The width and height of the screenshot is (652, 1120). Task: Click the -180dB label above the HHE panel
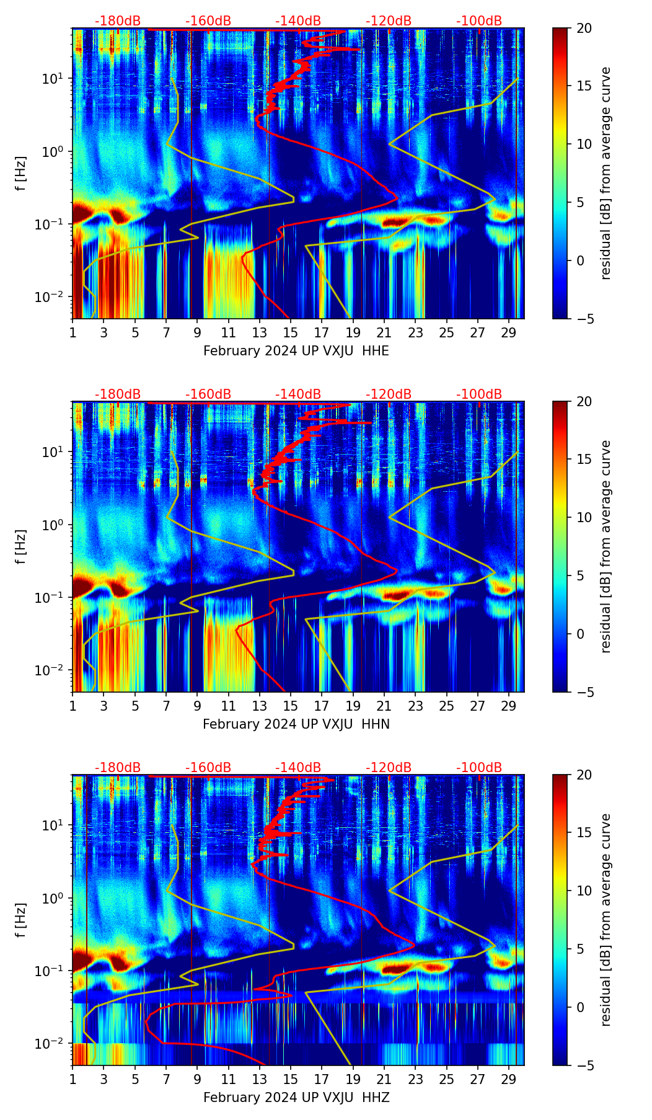point(118,21)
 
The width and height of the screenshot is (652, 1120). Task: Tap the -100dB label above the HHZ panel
point(479,768)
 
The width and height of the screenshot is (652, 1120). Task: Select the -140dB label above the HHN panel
point(298,394)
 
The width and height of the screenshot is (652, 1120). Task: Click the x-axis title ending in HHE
point(296,351)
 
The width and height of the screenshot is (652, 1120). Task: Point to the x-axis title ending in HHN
point(296,724)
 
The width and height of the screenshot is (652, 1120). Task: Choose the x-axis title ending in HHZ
point(296,1098)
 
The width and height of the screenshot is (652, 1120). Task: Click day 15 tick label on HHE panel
point(290,332)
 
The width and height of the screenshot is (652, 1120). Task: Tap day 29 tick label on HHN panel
point(509,706)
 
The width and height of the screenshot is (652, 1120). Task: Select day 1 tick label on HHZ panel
point(73,1079)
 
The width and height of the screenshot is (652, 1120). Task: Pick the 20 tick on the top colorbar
point(584,29)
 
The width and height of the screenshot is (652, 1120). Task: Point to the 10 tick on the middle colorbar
point(584,517)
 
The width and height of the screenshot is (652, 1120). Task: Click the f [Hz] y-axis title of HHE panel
point(21,174)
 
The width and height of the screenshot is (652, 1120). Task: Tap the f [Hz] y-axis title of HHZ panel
point(21,920)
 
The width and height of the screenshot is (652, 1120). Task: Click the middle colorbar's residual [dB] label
point(606,547)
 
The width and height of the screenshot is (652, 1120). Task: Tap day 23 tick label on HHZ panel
point(415,1079)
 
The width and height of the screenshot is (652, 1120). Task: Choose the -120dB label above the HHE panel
point(389,21)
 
